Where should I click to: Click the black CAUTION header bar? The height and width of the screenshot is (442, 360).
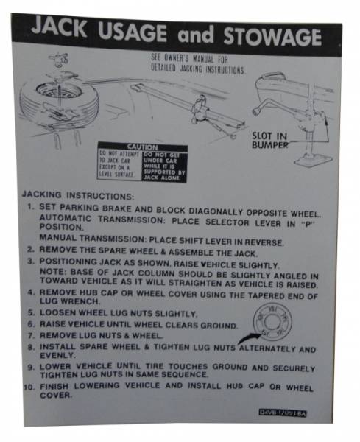tap(142, 147)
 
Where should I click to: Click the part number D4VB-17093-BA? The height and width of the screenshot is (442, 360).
tap(283, 413)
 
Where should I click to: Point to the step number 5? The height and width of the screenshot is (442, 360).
tap(31, 312)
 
